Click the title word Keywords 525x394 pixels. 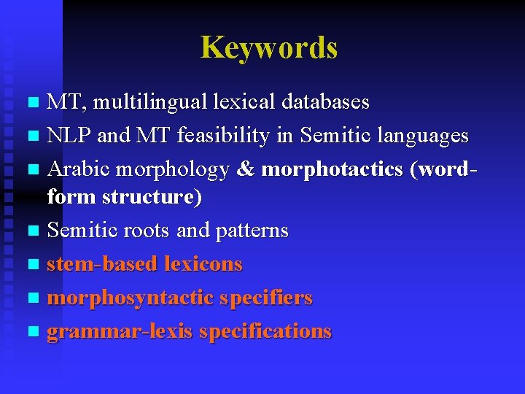pos(269,47)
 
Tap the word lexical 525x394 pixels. pos(238,102)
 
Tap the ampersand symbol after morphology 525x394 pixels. pos(246,169)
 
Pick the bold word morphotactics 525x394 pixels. pos(332,169)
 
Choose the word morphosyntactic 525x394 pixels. pos(120,298)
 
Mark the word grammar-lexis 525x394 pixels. pos(120,331)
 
